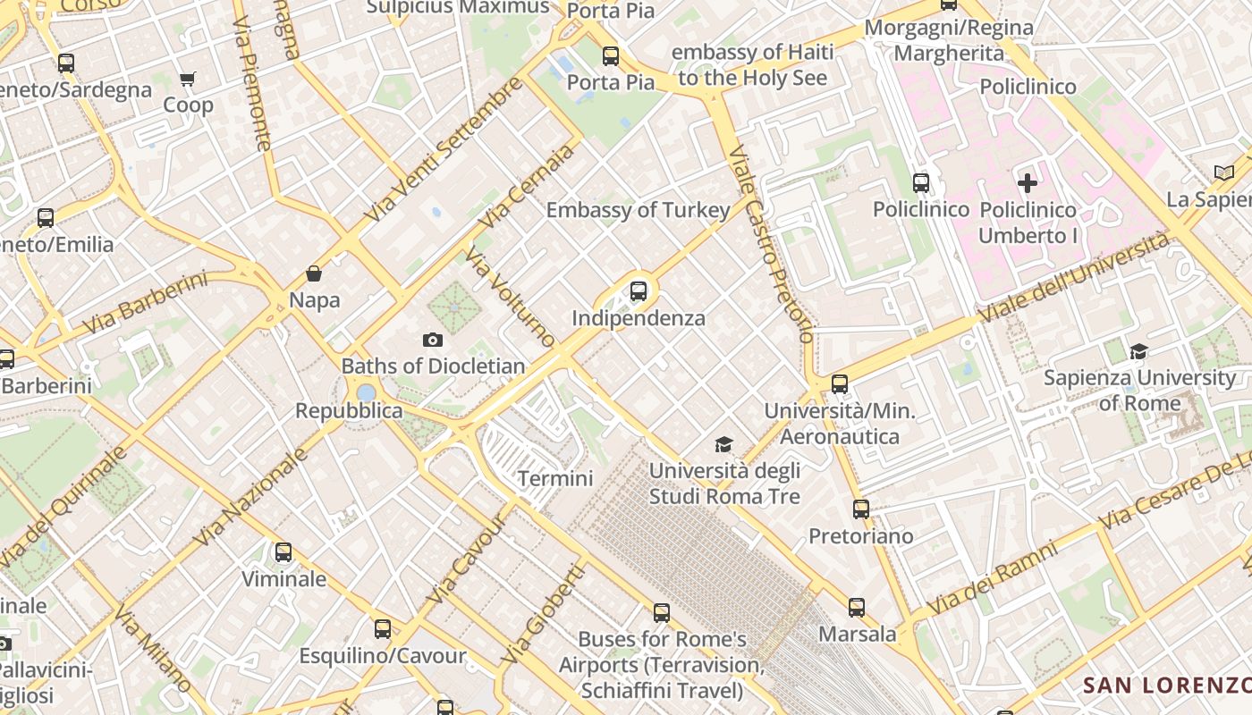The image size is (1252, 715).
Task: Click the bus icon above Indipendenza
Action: click(x=638, y=290)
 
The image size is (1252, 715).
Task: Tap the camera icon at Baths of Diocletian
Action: click(x=433, y=340)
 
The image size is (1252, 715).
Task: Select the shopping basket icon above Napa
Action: click(x=314, y=273)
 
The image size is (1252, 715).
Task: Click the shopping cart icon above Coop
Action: click(x=188, y=79)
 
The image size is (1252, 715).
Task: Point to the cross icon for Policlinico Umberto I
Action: click(x=1028, y=183)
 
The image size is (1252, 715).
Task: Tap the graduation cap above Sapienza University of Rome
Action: click(x=1138, y=351)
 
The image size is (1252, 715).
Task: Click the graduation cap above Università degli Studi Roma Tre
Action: click(x=723, y=444)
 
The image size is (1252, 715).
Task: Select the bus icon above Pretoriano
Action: click(x=860, y=509)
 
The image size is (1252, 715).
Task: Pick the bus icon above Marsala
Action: click(x=857, y=608)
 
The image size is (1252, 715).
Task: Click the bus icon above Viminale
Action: click(x=283, y=552)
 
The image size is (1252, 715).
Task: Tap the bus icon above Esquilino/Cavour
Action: click(x=383, y=629)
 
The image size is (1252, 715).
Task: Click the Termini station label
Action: click(x=555, y=479)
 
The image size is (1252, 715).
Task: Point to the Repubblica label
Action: click(x=349, y=411)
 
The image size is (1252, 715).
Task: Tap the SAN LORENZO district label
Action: click(x=1166, y=686)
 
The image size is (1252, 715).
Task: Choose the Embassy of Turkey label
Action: click(x=639, y=211)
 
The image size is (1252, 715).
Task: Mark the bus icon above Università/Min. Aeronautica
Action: click(x=839, y=384)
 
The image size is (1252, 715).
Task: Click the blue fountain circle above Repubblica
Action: click(x=366, y=392)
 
